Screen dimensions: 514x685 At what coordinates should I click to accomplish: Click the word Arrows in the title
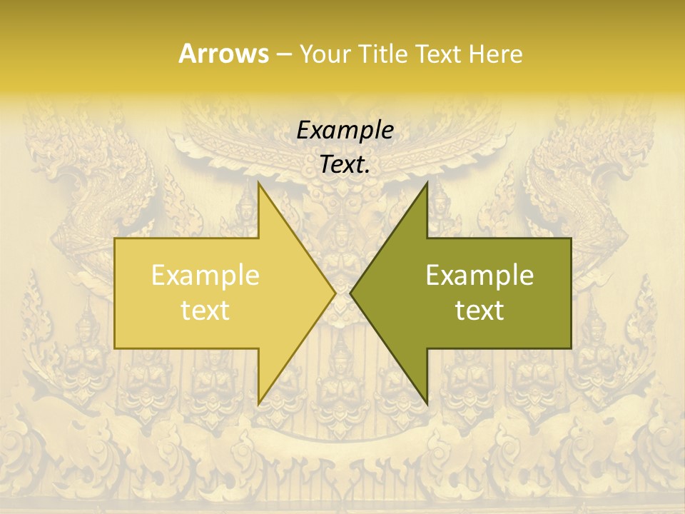point(223,54)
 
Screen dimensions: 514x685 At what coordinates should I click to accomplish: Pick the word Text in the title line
point(439,54)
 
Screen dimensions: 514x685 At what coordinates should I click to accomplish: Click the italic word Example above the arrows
point(345,131)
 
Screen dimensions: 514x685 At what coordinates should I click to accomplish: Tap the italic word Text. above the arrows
point(345,165)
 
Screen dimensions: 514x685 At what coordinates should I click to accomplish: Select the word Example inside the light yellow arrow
point(205,276)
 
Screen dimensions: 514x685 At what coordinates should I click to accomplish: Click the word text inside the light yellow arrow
point(205,310)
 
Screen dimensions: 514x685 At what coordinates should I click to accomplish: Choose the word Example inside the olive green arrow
point(479,276)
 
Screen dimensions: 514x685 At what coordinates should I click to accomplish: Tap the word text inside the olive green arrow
point(479,310)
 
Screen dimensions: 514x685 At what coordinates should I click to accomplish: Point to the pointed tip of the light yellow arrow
point(335,293)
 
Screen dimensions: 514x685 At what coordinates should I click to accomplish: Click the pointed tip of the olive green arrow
point(350,293)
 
